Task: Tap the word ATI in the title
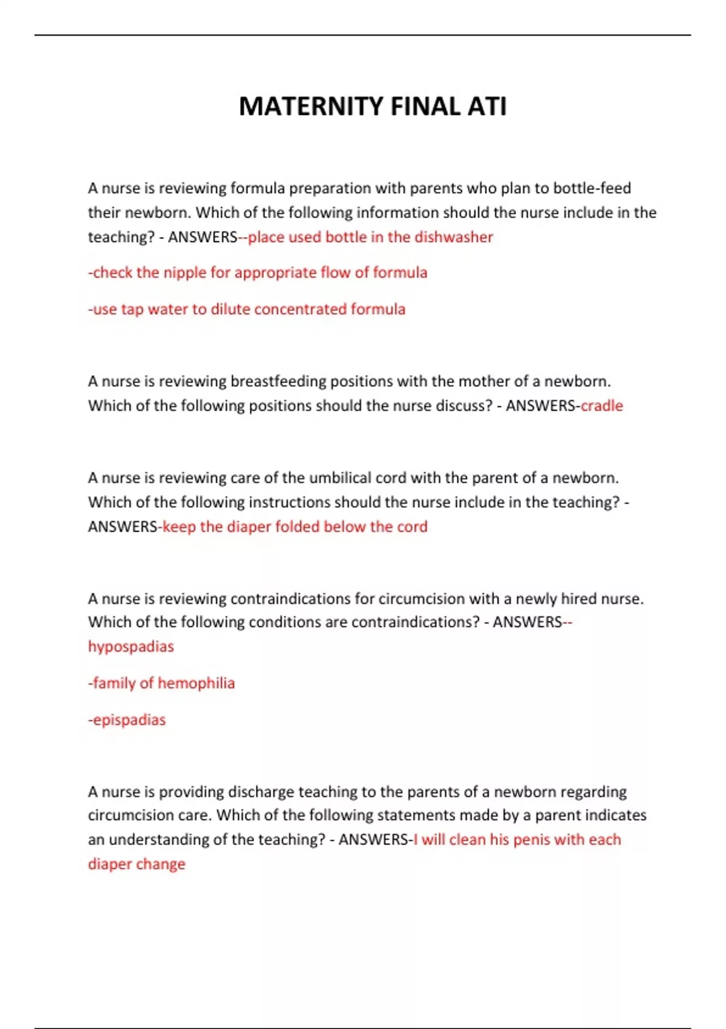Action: click(486, 107)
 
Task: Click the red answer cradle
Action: click(601, 406)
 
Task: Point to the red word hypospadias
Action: click(131, 646)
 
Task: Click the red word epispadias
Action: click(129, 720)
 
